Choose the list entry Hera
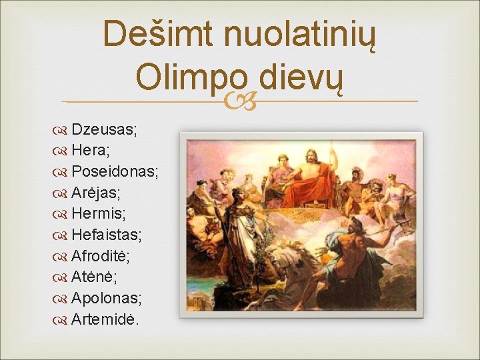click(x=91, y=151)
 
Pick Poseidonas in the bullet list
click(x=115, y=172)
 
